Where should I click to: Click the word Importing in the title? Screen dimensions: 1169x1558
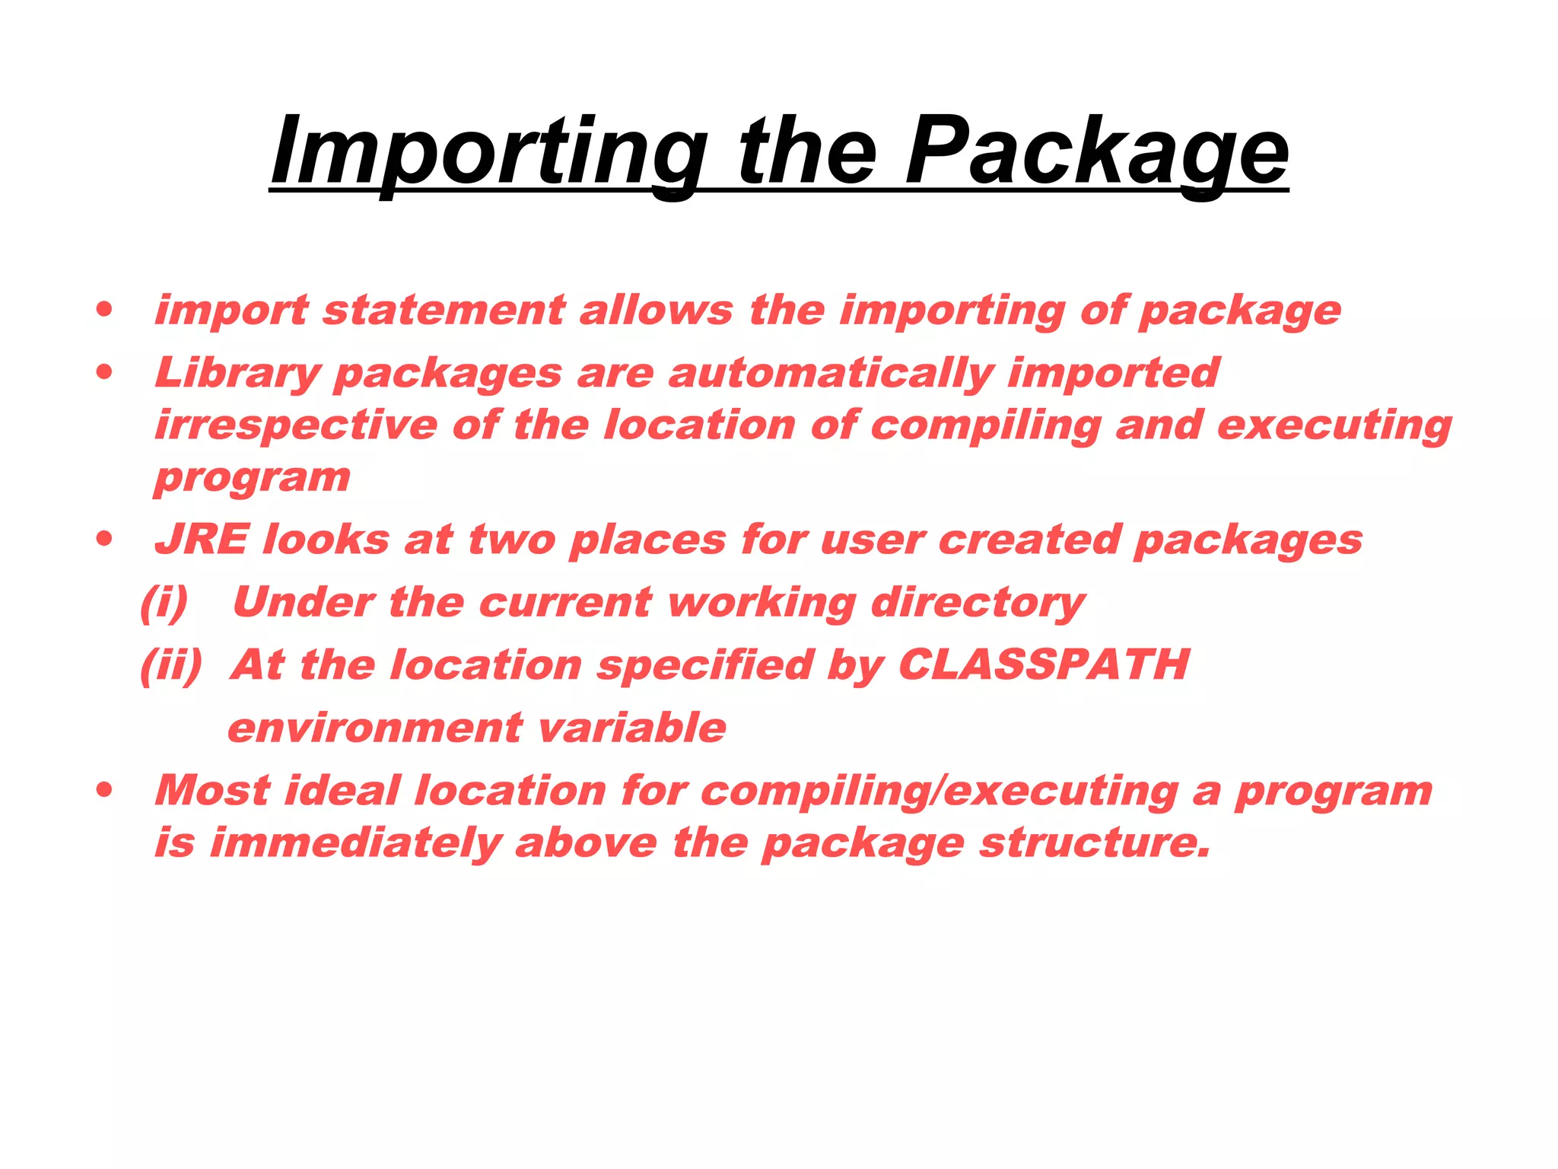pos(488,153)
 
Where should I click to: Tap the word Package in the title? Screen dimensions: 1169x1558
pos(1096,153)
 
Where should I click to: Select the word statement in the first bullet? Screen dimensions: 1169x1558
pos(444,311)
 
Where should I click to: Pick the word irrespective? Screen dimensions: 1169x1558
pos(296,425)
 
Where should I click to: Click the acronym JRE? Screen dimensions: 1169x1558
pos(202,540)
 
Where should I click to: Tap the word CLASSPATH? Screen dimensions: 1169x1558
pos(1044,664)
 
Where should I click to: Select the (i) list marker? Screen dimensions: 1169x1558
pos(164,603)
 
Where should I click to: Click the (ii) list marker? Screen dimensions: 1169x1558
pos(172,665)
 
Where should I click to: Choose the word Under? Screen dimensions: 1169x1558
pos(303,603)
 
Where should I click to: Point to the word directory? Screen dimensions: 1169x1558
pos(978,603)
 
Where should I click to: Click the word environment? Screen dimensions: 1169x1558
pos(375,728)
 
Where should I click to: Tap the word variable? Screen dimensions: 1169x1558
pos(632,728)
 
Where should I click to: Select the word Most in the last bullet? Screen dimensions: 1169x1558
pos(212,791)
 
